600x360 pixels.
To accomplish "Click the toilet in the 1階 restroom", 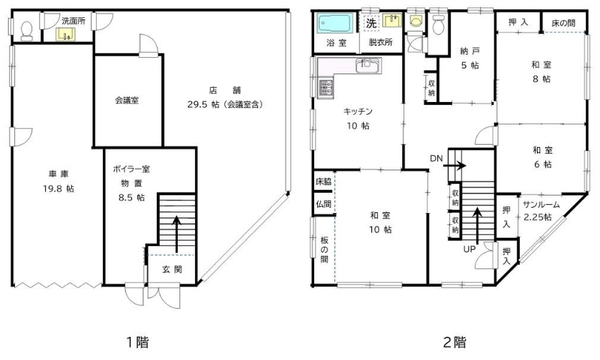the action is [x=27, y=31].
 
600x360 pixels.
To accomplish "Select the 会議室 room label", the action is [x=127, y=100].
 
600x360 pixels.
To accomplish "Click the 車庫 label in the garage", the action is [x=58, y=174].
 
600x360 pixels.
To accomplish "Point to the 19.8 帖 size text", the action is [x=58, y=188].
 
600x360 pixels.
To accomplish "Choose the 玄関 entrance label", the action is [x=172, y=269].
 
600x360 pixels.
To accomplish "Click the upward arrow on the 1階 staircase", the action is [x=176, y=235].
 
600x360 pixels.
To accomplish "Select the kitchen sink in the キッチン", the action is [x=367, y=65].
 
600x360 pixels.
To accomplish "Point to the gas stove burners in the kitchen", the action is [x=325, y=88].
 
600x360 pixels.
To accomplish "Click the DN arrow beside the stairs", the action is [x=454, y=166].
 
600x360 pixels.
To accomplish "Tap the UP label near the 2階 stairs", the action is [x=469, y=249].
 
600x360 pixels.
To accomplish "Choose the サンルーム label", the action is [x=541, y=205].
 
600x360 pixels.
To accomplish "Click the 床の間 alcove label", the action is [x=563, y=23].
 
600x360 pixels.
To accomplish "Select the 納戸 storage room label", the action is [x=470, y=51].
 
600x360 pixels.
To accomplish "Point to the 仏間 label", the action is [x=324, y=204].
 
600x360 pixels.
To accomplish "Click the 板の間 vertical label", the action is [x=325, y=250].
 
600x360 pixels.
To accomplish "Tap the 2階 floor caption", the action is [x=454, y=342].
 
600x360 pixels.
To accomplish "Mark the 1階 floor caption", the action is [x=138, y=342].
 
